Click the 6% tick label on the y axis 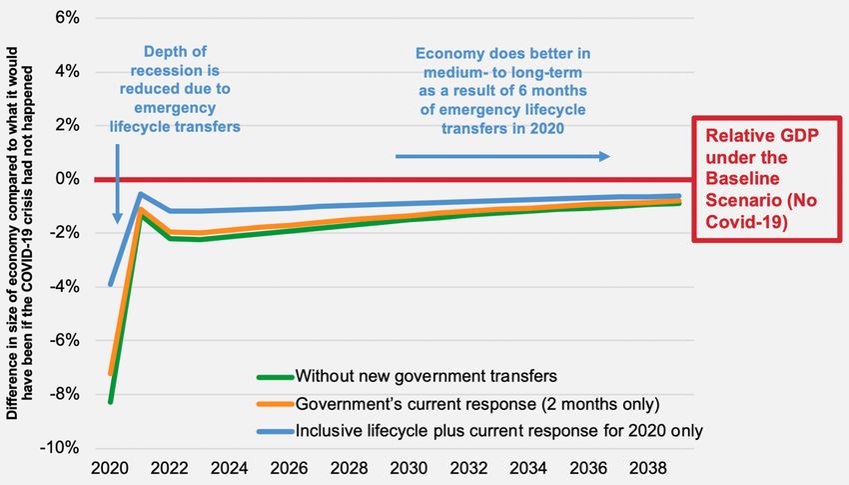(67, 18)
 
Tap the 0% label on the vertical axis (67, 179)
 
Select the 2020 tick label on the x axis (110, 468)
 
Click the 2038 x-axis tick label (648, 468)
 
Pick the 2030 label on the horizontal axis (409, 468)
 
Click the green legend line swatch (275, 377)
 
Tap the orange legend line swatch (275, 404)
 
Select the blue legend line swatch (275, 431)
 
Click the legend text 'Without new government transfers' (426, 376)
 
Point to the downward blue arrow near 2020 (117, 184)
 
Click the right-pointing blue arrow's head (605, 157)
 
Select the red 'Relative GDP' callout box (767, 179)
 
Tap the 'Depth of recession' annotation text (175, 89)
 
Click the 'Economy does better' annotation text (503, 91)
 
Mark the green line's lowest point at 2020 (111, 402)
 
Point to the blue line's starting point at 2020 (111, 284)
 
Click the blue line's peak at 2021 (140, 194)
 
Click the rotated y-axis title (20, 233)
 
